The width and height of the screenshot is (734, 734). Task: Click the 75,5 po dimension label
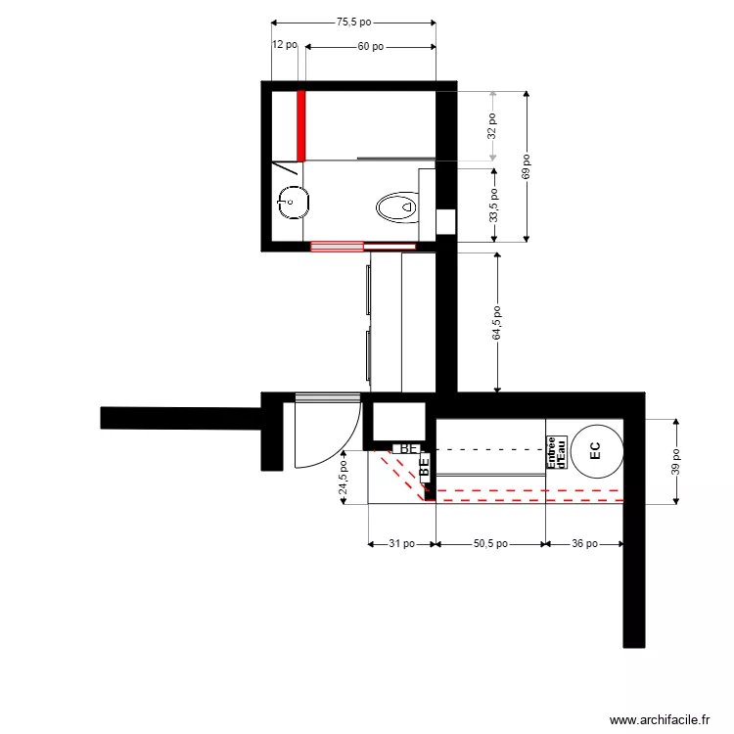353,21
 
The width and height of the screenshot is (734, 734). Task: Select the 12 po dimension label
284,45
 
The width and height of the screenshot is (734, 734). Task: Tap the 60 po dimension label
370,46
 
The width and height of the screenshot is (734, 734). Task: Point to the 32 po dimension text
492,125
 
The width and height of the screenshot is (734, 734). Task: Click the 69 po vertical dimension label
526,166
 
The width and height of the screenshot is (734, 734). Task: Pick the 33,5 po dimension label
493,205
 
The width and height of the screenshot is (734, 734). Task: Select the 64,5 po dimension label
498,322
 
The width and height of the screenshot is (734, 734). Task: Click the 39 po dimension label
675,461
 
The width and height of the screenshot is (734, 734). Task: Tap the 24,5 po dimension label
343,480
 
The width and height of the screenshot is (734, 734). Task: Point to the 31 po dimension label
401,543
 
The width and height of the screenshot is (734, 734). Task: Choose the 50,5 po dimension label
489,543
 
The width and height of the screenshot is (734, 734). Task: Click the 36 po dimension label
584,543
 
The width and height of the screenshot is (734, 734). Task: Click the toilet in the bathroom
397,206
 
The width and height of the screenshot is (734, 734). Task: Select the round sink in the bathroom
294,203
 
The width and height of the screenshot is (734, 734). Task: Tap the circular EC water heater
596,449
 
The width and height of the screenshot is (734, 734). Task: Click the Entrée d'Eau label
557,452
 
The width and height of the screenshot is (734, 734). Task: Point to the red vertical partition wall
301,125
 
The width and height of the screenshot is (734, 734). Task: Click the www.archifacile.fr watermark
660,720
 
